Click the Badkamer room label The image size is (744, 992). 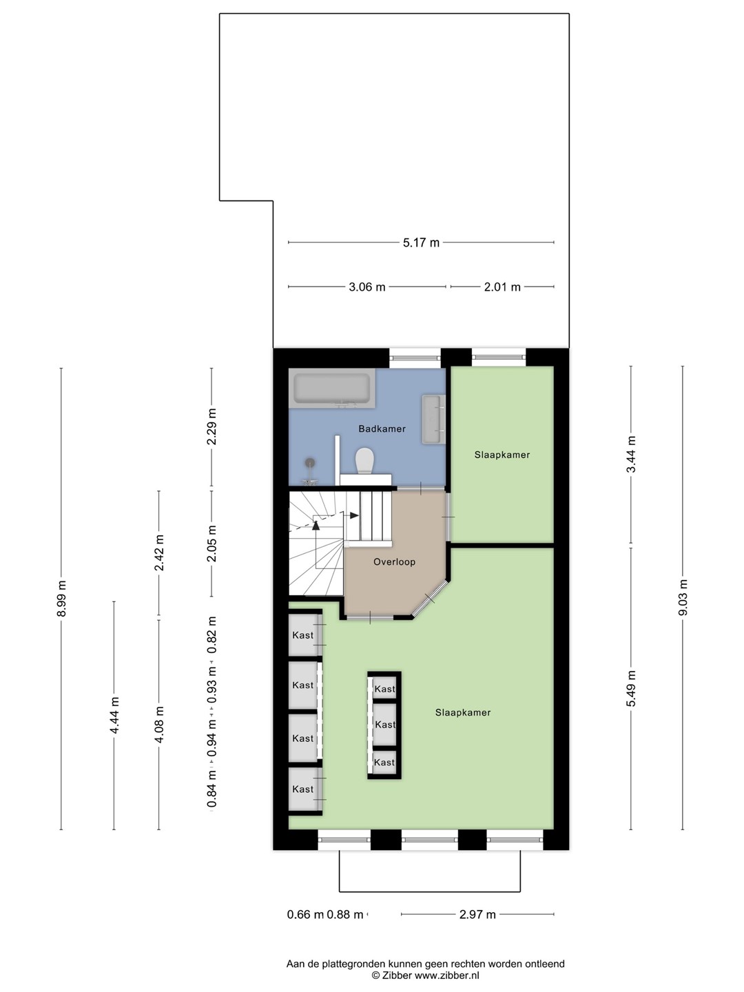[x=382, y=428]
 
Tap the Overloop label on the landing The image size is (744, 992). [x=394, y=561]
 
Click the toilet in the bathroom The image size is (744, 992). [x=364, y=461]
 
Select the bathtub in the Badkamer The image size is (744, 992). [x=332, y=389]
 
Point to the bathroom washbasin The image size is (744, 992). [x=434, y=419]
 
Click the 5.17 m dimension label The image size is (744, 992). [x=421, y=242]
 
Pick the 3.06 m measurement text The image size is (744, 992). [x=366, y=287]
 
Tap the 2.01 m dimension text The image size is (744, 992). [x=502, y=287]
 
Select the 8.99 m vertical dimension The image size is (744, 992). [x=61, y=599]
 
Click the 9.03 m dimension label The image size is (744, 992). [x=683, y=597]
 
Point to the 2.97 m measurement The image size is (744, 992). [x=477, y=915]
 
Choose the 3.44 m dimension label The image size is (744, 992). [x=631, y=454]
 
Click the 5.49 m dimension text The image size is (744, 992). [x=631, y=688]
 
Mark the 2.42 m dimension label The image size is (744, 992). [x=159, y=552]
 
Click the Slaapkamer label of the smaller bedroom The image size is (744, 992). [x=502, y=455]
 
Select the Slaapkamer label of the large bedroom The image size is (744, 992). [x=462, y=712]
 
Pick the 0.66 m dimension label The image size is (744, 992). [x=305, y=915]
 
